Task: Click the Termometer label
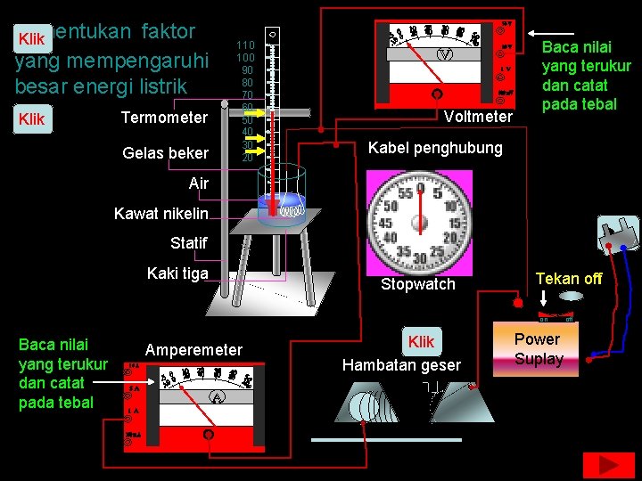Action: [164, 118]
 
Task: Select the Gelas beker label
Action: [165, 153]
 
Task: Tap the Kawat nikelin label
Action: [161, 213]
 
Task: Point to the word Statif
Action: [188, 242]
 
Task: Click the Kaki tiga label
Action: [177, 273]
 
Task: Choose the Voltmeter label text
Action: [478, 117]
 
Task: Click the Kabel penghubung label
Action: [435, 148]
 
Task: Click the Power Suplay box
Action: [538, 349]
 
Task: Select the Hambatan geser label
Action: [401, 364]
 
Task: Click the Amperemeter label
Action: [193, 350]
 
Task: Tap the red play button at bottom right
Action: [609, 466]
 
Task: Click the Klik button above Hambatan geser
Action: [421, 342]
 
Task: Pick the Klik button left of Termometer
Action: [31, 118]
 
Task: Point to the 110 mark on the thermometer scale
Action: [245, 45]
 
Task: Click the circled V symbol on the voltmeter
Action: [444, 55]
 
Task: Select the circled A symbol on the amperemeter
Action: [215, 397]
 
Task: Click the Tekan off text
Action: [569, 279]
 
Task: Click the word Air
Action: [198, 183]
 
